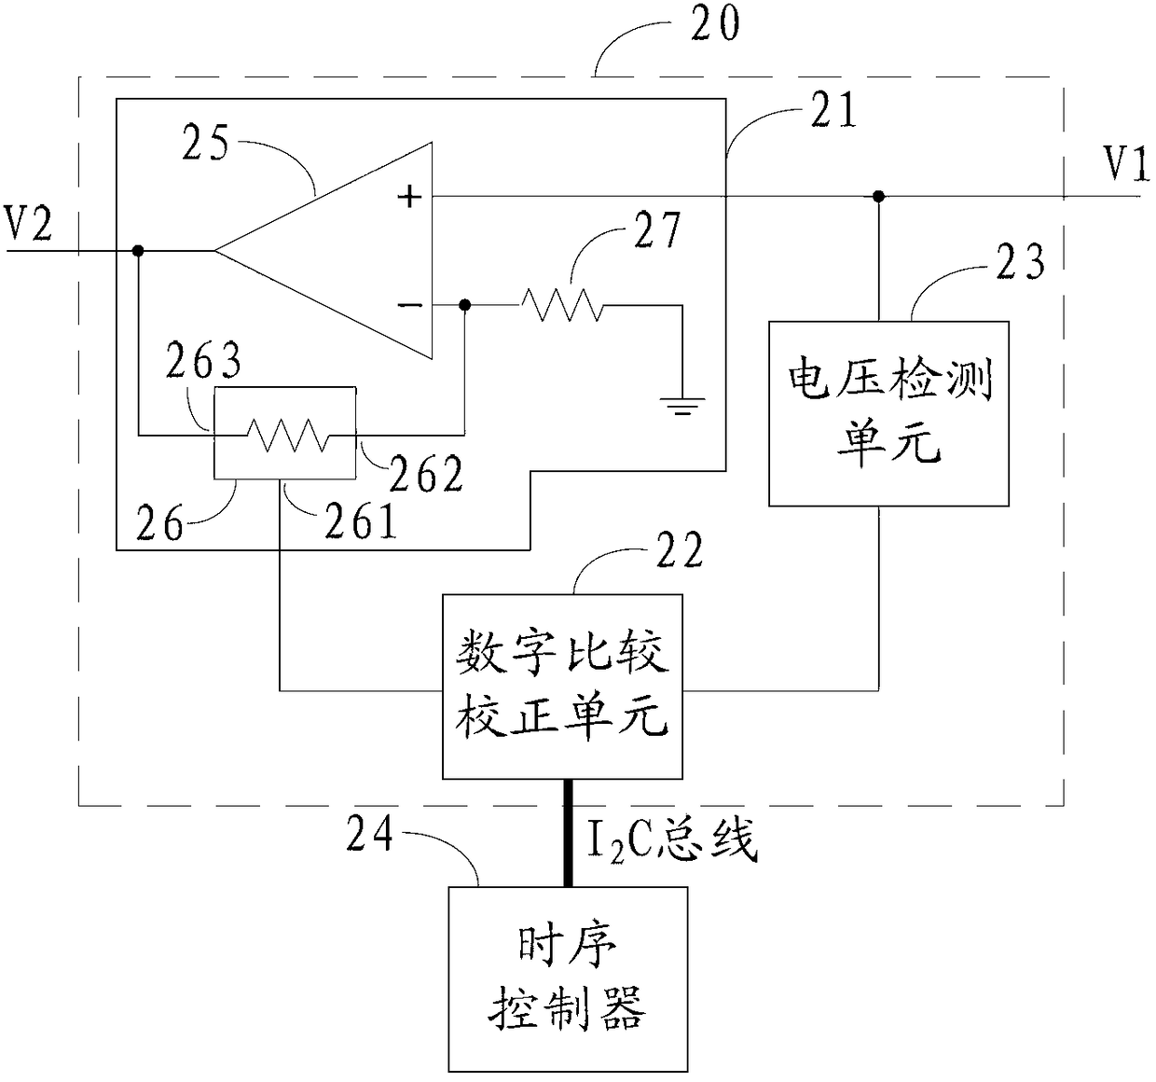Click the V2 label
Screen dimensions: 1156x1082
[x=29, y=223]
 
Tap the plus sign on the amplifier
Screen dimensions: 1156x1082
[x=409, y=197]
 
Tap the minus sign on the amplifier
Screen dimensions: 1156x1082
[x=410, y=305]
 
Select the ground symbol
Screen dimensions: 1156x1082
[x=682, y=406]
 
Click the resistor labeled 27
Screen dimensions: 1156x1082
[x=562, y=305]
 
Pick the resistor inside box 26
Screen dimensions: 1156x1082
[x=287, y=435]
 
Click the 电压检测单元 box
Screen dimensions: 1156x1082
[x=888, y=414]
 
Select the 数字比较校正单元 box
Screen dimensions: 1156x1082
[x=562, y=687]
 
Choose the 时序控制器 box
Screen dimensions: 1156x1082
[x=568, y=978]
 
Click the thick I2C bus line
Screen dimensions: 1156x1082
[x=568, y=833]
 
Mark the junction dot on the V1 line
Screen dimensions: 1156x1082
[x=879, y=197]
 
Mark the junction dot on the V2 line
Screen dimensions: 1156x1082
[x=138, y=251]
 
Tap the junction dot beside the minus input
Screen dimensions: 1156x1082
[x=464, y=305]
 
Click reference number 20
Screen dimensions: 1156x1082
[x=715, y=24]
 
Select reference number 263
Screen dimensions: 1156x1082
[x=203, y=361]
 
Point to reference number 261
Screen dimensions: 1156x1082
[x=361, y=520]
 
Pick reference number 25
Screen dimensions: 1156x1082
[x=205, y=144]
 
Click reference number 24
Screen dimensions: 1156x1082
[x=369, y=834]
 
